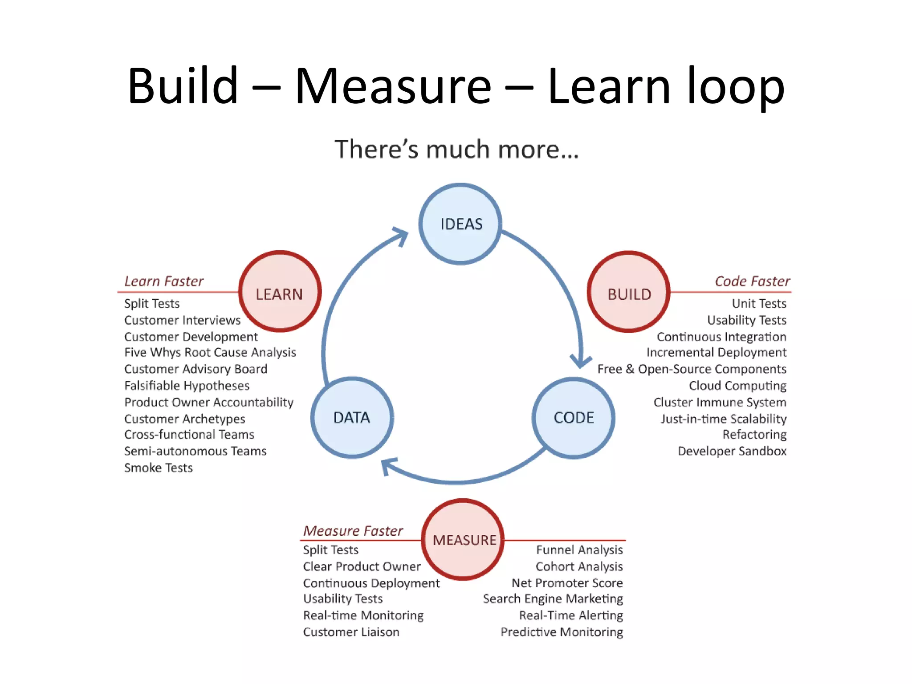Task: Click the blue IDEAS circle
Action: [x=460, y=224]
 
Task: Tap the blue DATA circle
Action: [x=352, y=418]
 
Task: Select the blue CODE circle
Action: [x=574, y=418]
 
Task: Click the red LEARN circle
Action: [x=280, y=292]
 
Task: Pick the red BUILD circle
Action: [x=629, y=292]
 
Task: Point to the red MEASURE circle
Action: [x=463, y=539]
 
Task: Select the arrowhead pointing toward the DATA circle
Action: [x=388, y=466]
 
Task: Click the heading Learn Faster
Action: [x=164, y=281]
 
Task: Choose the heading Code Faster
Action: [x=752, y=281]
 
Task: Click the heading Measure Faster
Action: [x=353, y=531]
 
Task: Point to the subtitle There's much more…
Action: [x=457, y=149]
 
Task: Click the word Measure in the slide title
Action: [x=393, y=85]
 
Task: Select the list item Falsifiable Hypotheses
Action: [x=187, y=386]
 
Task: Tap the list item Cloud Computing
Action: [x=737, y=386]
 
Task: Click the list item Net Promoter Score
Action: [x=567, y=583]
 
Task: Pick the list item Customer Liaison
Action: [x=351, y=632]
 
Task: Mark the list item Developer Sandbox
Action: [x=732, y=451]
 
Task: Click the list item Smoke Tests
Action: [x=158, y=468]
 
